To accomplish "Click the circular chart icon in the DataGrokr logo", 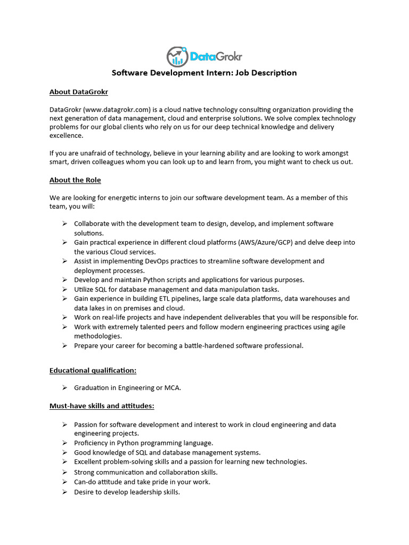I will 177,56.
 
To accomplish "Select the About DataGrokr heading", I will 79,92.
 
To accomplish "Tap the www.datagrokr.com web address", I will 111,110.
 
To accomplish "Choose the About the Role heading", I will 75,180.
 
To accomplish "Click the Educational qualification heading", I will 96,370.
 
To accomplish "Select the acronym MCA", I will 173,387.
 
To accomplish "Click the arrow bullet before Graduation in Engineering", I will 64,387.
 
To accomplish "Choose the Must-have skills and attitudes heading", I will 102,406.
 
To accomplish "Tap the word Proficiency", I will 91,443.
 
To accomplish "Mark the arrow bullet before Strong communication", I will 64,472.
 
